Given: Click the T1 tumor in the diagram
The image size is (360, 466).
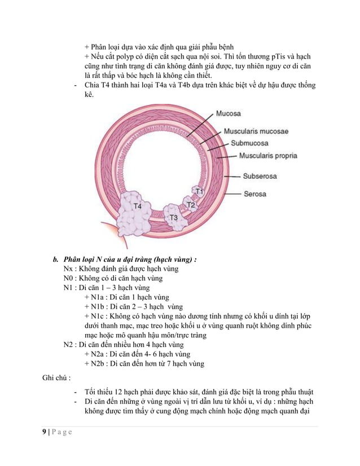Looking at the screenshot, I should click(198, 192).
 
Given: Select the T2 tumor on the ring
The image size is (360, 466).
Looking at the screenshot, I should click(190, 205).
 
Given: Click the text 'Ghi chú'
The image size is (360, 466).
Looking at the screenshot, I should click(54, 375).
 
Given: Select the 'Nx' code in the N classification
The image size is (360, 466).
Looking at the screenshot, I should click(68, 269).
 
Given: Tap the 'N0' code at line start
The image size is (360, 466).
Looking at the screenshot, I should click(68, 279).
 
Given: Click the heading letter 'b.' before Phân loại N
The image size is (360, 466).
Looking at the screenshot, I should click(56, 260).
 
